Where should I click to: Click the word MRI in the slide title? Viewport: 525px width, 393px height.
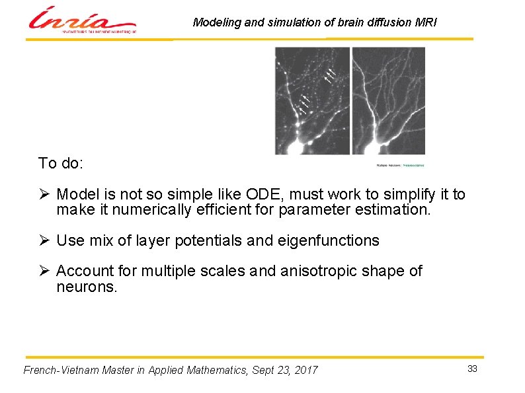425,22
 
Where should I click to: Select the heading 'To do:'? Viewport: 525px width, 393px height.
60,163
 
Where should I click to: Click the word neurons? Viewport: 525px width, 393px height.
87,287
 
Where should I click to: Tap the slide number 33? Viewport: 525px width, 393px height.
472,369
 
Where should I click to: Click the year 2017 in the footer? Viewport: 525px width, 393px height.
305,370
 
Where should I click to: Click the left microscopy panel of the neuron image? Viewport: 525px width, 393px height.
312,100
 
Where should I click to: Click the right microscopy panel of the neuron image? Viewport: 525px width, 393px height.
389,100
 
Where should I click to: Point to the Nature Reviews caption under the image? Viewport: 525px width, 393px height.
400,164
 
